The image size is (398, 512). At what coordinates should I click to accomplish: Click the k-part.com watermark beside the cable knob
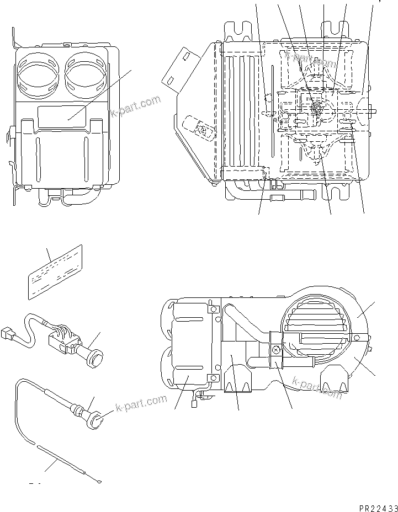pos(141,404)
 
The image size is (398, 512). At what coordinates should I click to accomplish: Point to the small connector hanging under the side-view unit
pos(194,403)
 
